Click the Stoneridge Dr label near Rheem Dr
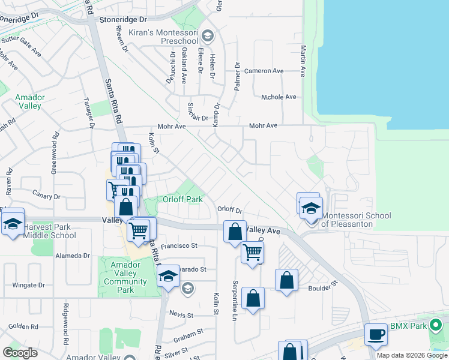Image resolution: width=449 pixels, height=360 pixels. click(123, 20)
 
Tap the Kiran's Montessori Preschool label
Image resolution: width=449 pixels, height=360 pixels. click(170, 36)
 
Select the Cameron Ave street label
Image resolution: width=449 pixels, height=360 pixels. click(264, 71)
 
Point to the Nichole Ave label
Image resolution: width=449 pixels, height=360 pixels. click(279, 97)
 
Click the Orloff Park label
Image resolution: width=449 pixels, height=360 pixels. click(182, 200)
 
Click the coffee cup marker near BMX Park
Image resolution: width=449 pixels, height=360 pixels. click(376, 334)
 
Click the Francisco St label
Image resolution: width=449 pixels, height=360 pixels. click(179, 245)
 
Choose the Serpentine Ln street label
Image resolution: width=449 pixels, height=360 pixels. click(234, 300)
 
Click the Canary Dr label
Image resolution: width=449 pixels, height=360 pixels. click(48, 196)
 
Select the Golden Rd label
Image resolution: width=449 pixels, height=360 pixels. click(23, 327)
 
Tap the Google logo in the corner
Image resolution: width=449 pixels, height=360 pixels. click(20, 353)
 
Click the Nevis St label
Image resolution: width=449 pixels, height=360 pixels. click(181, 314)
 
